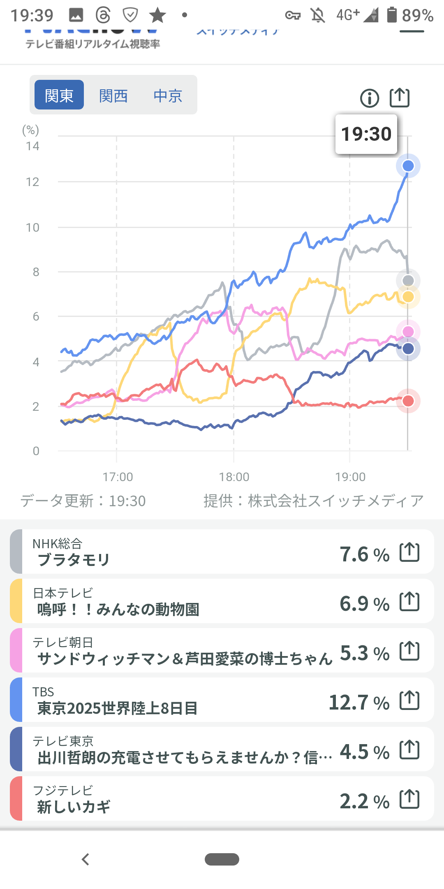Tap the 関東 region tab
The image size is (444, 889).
[59, 95]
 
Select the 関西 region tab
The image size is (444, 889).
[113, 96]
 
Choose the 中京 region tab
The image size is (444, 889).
[168, 96]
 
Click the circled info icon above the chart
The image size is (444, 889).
[370, 98]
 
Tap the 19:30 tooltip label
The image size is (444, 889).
[366, 134]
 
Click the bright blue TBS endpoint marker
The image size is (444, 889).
[408, 166]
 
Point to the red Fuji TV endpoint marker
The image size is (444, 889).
[408, 401]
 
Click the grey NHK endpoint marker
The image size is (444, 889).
[408, 281]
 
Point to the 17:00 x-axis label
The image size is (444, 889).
[118, 477]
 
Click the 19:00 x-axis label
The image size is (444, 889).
[350, 477]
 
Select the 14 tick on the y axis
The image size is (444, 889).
[32, 146]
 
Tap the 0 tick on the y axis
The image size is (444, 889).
[36, 451]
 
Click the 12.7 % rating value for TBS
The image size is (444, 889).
[359, 703]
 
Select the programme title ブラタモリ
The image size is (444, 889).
[74, 560]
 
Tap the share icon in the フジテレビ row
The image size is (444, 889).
[409, 799]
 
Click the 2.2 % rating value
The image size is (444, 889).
[364, 801]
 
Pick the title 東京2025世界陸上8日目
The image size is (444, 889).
[118, 708]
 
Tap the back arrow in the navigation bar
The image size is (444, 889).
[86, 859]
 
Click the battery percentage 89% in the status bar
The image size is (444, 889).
[417, 16]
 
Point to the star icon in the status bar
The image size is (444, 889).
[157, 16]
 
